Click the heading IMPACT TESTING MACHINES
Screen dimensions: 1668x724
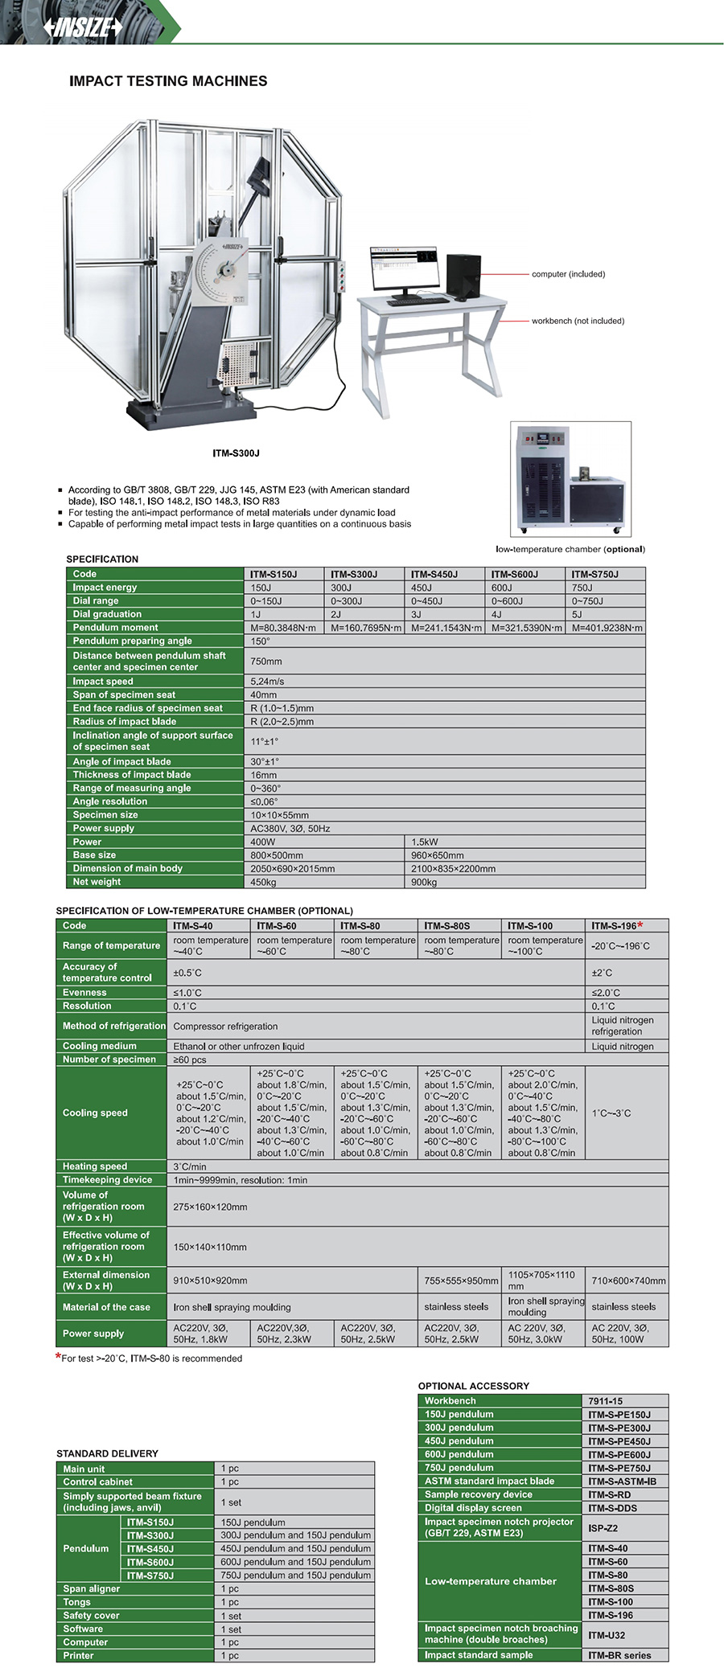point(168,81)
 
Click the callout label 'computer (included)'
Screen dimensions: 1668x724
point(568,274)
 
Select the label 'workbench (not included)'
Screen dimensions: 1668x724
point(578,321)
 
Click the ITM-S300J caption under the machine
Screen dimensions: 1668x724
point(236,453)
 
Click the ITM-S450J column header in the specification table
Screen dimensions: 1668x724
point(434,574)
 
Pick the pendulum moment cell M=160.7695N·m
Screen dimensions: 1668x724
point(365,628)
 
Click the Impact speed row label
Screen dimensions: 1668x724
point(103,682)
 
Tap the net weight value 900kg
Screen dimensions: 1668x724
point(424,882)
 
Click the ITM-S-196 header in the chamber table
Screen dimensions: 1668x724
point(616,926)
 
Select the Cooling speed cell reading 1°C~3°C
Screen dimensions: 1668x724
point(611,1113)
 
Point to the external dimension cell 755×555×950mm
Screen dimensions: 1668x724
point(461,1281)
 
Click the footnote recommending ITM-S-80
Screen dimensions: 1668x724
point(151,1359)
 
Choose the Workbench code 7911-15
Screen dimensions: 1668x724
point(605,1401)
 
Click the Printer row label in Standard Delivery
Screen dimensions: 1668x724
point(78,1656)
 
